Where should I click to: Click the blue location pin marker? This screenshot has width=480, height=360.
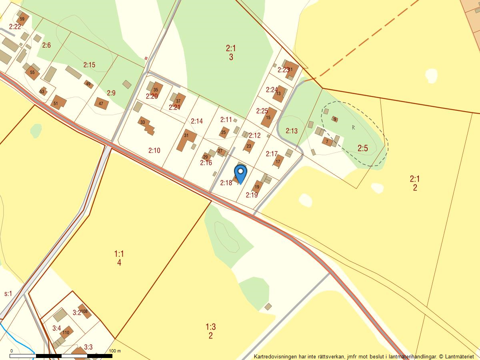click(x=240, y=174)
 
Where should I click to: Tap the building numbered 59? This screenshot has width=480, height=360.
click(x=22, y=19)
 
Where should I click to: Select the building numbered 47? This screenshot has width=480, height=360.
click(x=101, y=104)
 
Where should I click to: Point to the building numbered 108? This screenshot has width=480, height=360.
click(x=84, y=311)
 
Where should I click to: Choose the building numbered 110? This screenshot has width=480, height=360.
click(x=66, y=332)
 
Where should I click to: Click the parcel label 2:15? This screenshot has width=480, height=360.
click(x=89, y=65)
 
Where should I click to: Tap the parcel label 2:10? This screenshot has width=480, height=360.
click(x=154, y=150)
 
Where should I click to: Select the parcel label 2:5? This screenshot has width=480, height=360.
click(x=362, y=148)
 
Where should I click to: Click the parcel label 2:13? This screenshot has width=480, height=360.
click(x=292, y=131)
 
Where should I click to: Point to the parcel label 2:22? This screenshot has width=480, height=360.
click(x=15, y=27)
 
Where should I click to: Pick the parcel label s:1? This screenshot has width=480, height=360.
click(x=8, y=294)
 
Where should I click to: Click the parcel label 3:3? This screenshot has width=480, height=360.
click(x=88, y=347)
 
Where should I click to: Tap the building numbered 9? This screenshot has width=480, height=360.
click(x=335, y=119)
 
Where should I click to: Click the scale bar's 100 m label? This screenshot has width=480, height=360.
click(x=115, y=351)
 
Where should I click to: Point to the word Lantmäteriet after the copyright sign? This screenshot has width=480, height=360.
click(x=462, y=356)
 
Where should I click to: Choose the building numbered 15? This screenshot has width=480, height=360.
click(x=269, y=117)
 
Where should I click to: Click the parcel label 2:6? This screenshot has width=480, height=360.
click(x=46, y=45)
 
